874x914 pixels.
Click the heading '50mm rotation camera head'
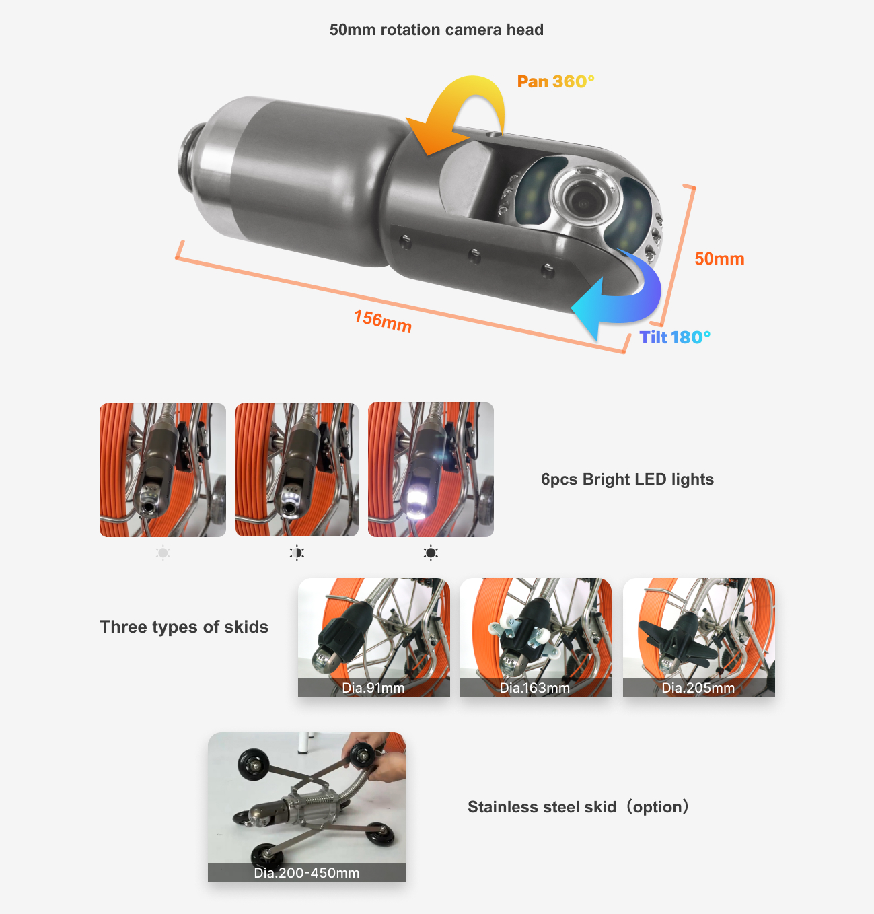coord(436,30)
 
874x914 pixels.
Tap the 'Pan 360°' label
coord(555,81)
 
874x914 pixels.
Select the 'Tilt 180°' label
coord(674,337)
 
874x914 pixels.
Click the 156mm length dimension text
coord(382,320)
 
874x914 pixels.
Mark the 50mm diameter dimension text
coord(719,259)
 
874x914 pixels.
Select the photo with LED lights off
coord(163,470)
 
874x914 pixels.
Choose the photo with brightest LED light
coord(431,470)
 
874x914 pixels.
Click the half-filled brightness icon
coord(297,553)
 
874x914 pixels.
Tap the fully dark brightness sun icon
coord(431,553)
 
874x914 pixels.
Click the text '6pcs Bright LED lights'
coord(627,479)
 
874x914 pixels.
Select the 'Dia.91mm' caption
coord(373,688)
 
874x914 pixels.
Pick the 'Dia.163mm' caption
coord(535,688)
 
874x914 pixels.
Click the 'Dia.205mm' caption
coord(698,688)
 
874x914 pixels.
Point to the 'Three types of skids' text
coord(184,627)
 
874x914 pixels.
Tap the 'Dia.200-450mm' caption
coord(307,873)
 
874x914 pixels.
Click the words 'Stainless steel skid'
coord(542,807)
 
